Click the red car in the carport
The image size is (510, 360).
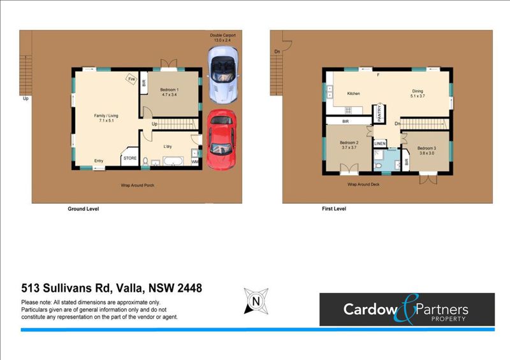[x=221, y=140]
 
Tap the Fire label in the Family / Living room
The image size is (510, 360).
[x=132, y=79]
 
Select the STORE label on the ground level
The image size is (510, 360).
[x=130, y=159]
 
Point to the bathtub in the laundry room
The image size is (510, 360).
[x=173, y=161]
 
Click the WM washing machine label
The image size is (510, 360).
[x=194, y=162]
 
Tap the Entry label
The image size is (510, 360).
[x=99, y=161]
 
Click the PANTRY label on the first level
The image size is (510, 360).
[x=379, y=113]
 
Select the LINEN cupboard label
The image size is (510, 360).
[x=380, y=143]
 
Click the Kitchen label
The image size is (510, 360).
[x=354, y=94]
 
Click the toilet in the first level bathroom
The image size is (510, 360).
[x=377, y=166]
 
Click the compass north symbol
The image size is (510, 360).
[x=256, y=301]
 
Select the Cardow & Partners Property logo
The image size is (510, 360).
[x=407, y=309]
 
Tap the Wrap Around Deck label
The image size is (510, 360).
[x=363, y=184]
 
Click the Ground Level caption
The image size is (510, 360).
[x=84, y=209]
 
